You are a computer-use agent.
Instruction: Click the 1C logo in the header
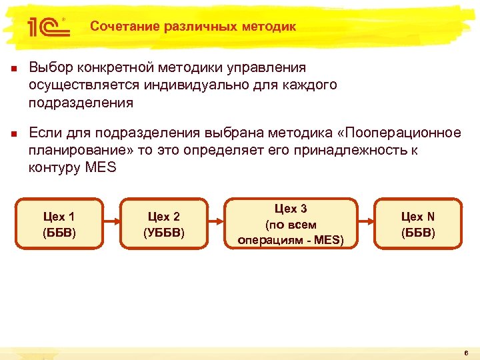tap(46, 27)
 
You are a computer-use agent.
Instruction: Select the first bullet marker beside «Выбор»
tap(11, 69)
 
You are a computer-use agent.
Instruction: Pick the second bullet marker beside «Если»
tap(11, 133)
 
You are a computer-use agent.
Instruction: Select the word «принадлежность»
tap(347, 149)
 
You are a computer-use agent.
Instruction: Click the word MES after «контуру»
tap(101, 167)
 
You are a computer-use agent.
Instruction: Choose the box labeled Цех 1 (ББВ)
tap(59, 224)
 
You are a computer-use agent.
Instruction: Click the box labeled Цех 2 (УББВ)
tap(163, 224)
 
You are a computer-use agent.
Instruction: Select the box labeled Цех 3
tap(291, 224)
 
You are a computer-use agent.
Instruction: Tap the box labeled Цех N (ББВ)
tap(418, 224)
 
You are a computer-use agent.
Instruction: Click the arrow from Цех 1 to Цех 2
tap(111, 224)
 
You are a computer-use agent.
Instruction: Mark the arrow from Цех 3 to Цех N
tap(366, 224)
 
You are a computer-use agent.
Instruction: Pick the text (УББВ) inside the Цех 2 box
tap(163, 232)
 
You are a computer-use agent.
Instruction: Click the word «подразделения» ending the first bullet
tap(81, 103)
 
